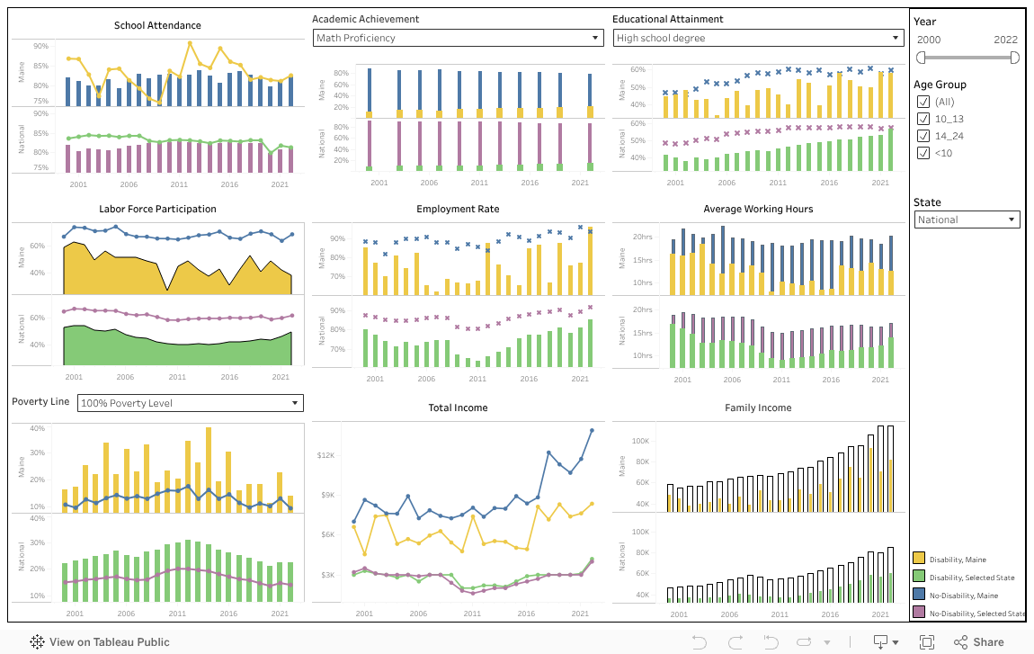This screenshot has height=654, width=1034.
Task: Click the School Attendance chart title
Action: tap(157, 25)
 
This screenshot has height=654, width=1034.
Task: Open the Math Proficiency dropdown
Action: tap(458, 38)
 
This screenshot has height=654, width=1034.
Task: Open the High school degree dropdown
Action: tap(758, 38)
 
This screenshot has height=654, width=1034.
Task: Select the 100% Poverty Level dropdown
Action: tap(190, 403)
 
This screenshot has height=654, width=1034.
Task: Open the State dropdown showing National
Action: tap(967, 219)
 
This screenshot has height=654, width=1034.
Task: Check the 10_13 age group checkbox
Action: tap(923, 119)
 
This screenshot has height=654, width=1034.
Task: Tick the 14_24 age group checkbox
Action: tap(923, 136)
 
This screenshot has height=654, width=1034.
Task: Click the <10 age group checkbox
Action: tap(923, 153)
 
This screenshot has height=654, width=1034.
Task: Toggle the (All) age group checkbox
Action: tap(923, 102)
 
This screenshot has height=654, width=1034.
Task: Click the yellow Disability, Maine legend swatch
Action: tap(920, 560)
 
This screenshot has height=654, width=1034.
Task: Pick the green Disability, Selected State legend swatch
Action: tap(920, 578)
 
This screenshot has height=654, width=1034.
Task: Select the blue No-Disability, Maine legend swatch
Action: tap(920, 596)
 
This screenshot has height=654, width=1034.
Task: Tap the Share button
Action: tap(978, 642)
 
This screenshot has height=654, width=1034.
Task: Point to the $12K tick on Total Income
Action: tap(325, 455)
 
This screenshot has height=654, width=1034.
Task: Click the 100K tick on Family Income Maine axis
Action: tap(640, 441)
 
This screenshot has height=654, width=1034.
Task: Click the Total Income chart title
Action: tap(458, 408)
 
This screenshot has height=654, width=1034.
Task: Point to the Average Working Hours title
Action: tap(758, 209)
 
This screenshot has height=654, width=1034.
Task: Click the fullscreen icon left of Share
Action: tap(927, 642)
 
